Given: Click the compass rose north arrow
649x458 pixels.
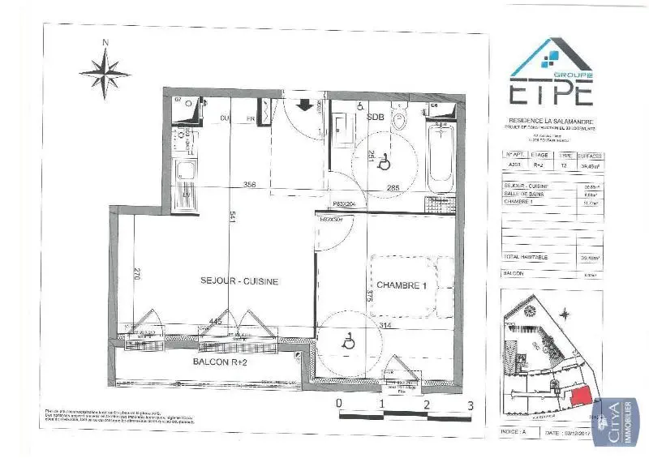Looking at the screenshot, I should click(105, 70).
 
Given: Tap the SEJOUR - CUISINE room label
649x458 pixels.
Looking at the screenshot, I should click(239, 281).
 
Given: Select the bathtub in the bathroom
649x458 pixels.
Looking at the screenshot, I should click(440, 153).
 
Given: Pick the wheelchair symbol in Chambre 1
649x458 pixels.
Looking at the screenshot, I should click(349, 343).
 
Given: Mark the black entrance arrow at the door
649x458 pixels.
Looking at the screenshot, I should click(306, 105).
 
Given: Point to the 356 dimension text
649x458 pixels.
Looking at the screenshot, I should click(250, 185).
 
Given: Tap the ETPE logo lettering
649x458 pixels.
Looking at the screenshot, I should click(551, 93).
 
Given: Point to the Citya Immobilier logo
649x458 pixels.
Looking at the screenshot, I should click(614, 422).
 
